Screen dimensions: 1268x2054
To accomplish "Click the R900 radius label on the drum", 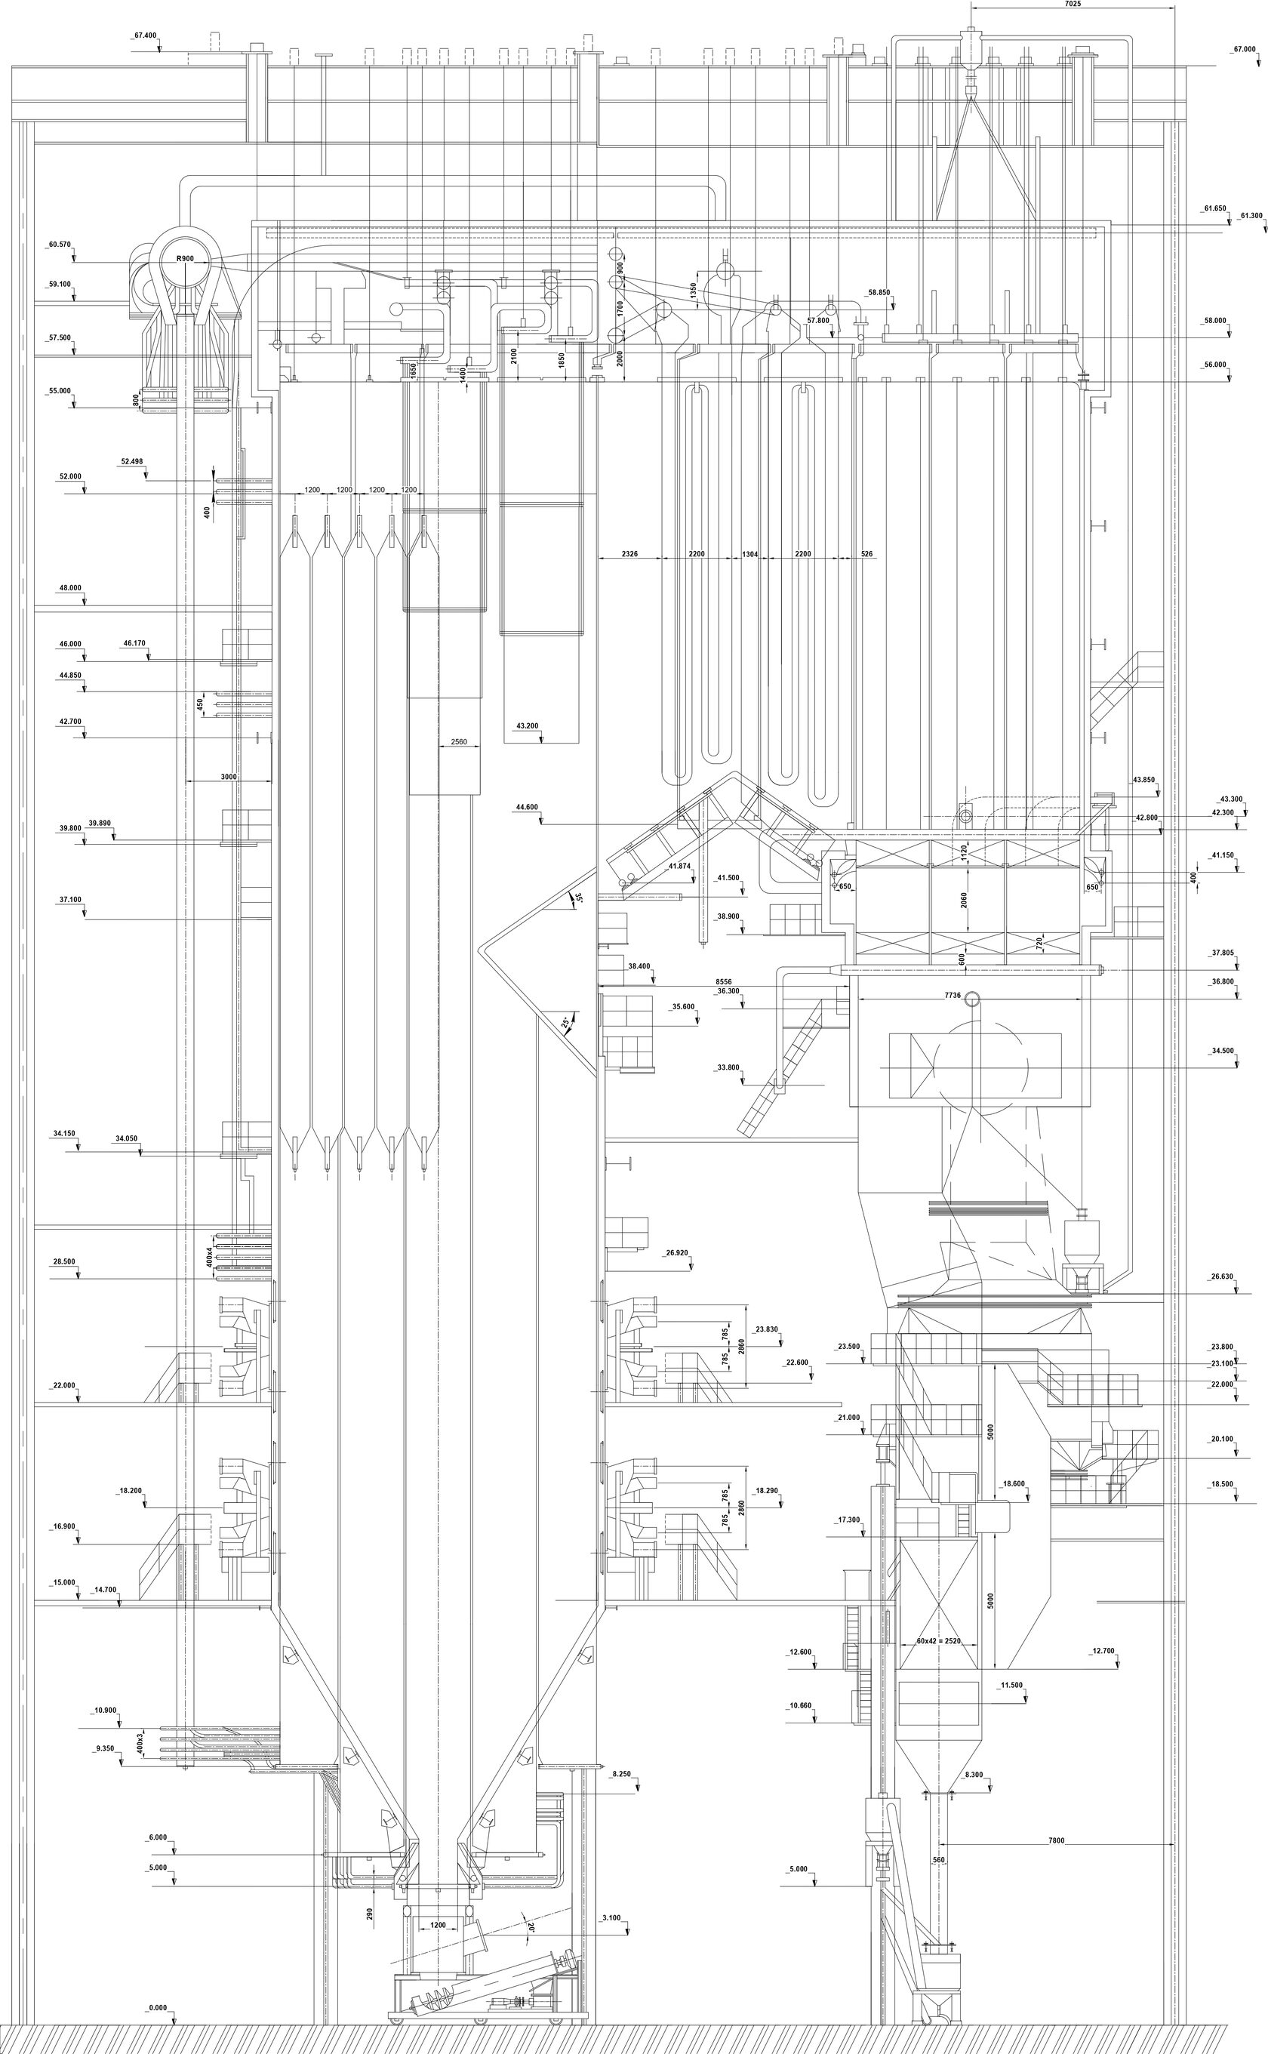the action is pos(186,258).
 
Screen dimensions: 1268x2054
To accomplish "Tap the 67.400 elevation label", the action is pos(145,36).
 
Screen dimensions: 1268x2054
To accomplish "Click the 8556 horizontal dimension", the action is pos(723,981).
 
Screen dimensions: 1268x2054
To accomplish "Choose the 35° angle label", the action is pos(578,898).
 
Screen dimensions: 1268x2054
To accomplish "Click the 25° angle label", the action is pos(566,1024).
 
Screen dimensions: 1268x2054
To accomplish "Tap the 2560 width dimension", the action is pos(459,741).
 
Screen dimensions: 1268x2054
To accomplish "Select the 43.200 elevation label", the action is pos(528,725).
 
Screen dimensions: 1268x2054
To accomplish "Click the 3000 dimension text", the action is pos(228,777).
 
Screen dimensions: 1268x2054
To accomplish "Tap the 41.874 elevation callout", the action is pos(679,866).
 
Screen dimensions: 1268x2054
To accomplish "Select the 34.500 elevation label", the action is pos(1222,1051).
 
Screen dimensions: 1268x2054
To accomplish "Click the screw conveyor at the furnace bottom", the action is pos(436,1981).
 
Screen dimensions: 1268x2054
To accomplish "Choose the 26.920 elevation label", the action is pos(677,1253).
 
